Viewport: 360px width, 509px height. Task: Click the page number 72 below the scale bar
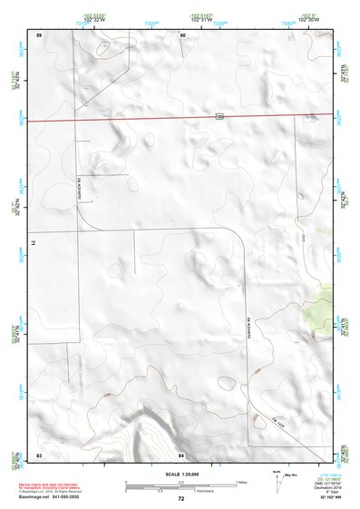[181, 498]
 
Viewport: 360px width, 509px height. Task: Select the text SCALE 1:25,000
[180, 475]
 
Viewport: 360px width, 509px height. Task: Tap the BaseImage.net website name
[34, 496]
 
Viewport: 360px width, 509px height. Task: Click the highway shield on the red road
[220, 116]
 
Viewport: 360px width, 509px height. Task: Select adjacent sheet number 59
[39, 34]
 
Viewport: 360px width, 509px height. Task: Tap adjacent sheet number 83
[39, 454]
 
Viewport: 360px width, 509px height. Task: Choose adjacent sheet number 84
[181, 454]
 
